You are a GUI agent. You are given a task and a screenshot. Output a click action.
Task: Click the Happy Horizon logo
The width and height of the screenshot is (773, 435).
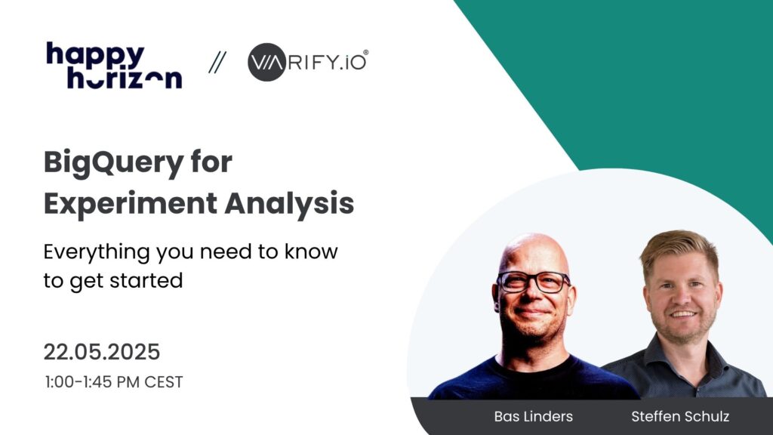coord(115,66)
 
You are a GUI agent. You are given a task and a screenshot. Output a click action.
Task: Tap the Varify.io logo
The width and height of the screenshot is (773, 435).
coord(308,62)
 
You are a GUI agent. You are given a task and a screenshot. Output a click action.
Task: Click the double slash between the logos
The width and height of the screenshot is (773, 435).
coord(217,63)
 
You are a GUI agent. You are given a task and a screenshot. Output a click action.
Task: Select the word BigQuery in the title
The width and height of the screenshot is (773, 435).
coord(113,163)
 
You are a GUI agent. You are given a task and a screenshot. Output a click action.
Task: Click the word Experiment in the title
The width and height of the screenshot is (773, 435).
coord(131,204)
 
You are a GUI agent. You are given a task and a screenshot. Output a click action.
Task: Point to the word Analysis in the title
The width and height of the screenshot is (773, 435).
coord(289,204)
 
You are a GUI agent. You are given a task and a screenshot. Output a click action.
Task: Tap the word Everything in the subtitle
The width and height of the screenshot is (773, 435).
coord(97,252)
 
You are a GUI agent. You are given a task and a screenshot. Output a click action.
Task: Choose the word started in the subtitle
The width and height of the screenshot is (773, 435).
coord(146,280)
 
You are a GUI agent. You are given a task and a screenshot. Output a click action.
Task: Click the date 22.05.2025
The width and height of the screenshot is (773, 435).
coord(102,352)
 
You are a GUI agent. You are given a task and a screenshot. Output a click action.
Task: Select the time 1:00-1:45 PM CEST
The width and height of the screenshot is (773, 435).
coord(113,382)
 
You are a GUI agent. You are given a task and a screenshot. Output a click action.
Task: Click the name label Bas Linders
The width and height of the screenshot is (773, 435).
coord(534,416)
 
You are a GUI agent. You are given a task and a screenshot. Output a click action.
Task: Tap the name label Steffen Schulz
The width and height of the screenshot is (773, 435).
coord(680,416)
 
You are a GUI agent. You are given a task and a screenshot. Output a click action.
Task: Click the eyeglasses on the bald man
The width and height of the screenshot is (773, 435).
coord(534,282)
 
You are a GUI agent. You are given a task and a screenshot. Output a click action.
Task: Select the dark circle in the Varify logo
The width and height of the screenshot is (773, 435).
coord(266,62)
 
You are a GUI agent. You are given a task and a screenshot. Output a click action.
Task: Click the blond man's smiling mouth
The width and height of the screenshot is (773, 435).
coord(683,313)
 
